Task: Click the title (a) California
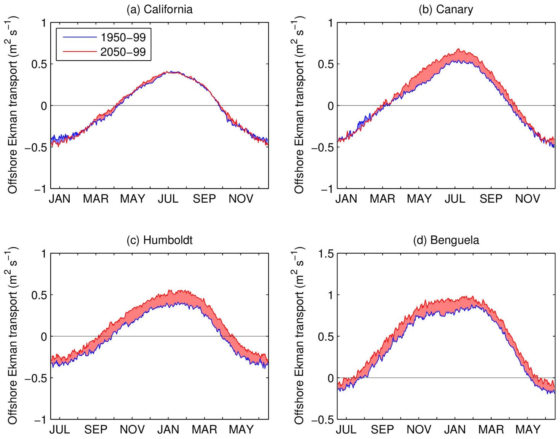160,9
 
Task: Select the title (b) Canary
446,9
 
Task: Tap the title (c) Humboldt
160,240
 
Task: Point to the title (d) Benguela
446,240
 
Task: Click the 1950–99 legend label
123,37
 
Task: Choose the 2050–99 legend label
123,52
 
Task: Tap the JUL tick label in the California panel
168,199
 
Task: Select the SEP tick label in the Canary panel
491,199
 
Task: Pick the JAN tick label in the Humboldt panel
168,429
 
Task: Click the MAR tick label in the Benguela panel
491,429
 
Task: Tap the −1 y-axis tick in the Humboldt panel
40,420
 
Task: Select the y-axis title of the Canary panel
299,105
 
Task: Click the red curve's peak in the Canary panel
459,49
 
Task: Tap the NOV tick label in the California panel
241,199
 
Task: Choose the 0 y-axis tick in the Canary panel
330,106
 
